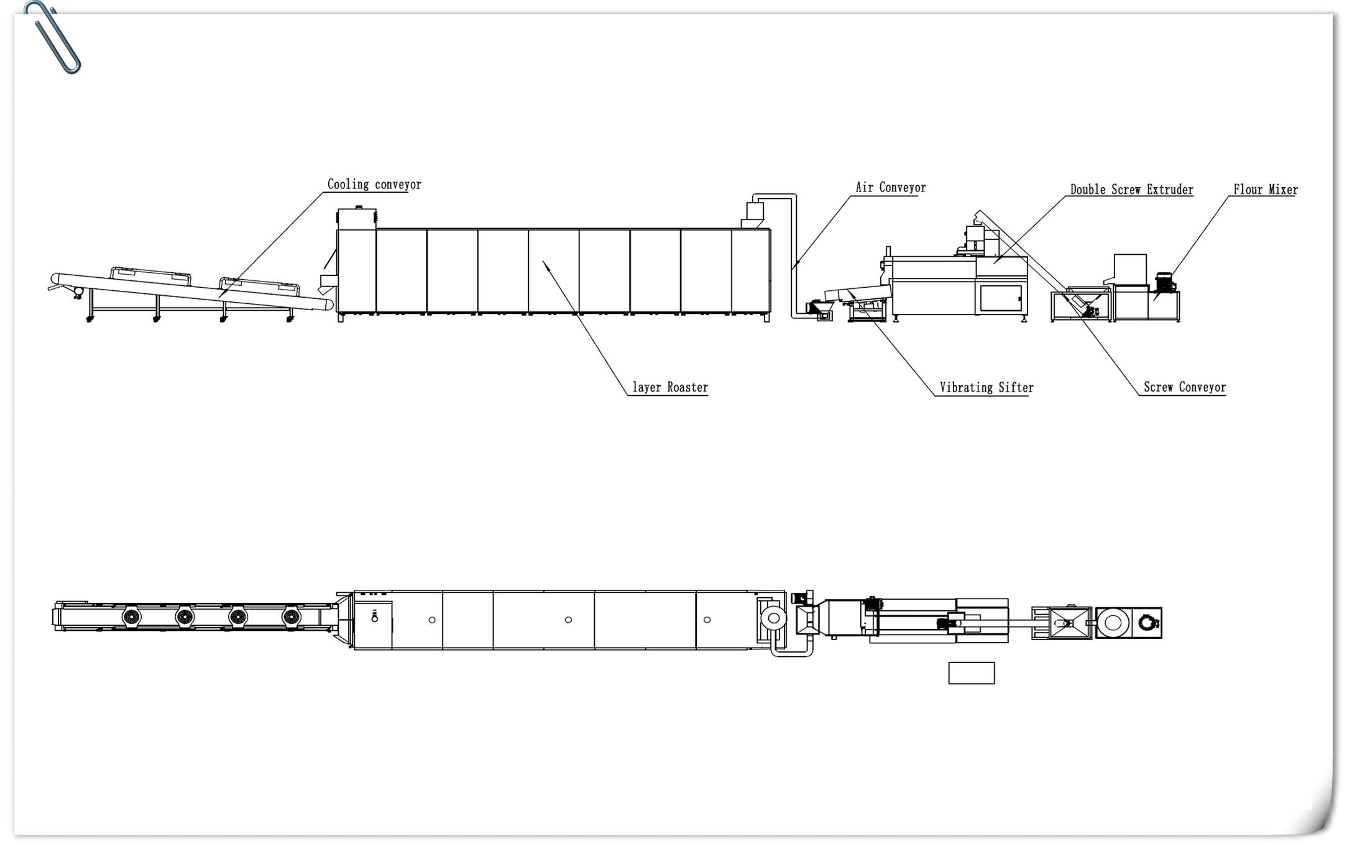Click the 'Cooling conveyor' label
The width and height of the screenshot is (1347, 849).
374,185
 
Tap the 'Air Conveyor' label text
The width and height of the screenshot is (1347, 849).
890,188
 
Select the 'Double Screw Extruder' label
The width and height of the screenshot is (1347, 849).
1131,190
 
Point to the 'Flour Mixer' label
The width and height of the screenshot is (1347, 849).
1265,190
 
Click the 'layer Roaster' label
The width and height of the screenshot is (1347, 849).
670,388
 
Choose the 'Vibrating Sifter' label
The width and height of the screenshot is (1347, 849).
986,388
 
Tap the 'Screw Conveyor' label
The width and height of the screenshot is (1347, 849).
1184,387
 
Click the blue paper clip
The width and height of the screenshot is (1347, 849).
53,37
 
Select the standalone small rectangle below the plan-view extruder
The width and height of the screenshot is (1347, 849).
971,673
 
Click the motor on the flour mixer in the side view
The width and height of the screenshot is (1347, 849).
1164,282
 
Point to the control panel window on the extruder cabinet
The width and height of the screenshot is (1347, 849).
1001,298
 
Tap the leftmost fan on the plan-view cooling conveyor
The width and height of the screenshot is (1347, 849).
132,617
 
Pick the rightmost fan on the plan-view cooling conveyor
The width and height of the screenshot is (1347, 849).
291,617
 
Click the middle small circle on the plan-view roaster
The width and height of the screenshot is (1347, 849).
568,620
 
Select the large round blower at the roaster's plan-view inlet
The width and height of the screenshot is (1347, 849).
773,618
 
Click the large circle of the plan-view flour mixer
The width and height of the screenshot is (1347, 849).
1112,622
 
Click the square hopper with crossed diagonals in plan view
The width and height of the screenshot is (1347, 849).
1069,622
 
